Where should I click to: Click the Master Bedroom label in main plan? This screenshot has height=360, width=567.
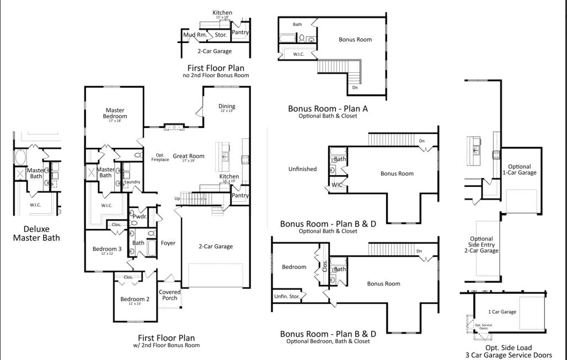click(x=115, y=114)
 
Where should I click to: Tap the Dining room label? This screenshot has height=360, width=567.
click(x=227, y=106)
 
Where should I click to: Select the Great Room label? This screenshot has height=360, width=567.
click(x=189, y=156)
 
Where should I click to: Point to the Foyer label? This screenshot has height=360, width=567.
click(x=168, y=243)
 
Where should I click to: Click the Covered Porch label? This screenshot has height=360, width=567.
click(x=169, y=295)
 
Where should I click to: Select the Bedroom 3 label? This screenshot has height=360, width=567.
click(x=107, y=249)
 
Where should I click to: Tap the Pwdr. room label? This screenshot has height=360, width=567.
click(x=139, y=217)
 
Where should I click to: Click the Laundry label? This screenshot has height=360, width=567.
click(x=132, y=182)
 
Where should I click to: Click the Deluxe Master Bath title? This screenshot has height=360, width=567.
click(x=36, y=233)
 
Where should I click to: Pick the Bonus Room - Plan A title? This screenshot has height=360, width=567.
click(x=328, y=109)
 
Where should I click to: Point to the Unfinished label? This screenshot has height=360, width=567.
click(x=302, y=169)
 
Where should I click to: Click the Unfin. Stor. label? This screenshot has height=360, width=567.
click(x=287, y=297)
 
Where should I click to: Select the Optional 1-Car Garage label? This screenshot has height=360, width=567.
click(x=519, y=169)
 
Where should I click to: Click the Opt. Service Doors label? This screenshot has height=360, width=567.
click(x=483, y=326)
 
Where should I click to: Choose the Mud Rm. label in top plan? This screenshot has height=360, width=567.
click(x=195, y=35)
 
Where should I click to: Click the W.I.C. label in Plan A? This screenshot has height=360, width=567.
click(x=298, y=54)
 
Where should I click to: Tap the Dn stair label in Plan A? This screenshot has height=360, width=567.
click(x=355, y=88)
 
